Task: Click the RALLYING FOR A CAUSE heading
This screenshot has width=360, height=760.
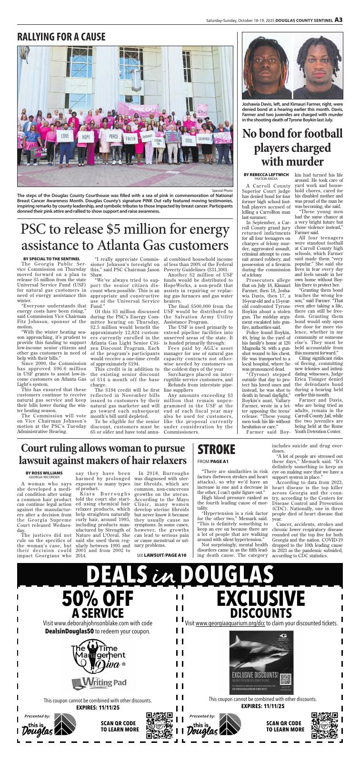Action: click(61, 37)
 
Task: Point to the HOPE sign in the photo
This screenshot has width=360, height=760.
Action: click(86, 137)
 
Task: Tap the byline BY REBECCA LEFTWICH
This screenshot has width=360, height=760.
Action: click(266, 174)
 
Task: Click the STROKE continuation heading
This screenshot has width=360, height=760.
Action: click(216, 449)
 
